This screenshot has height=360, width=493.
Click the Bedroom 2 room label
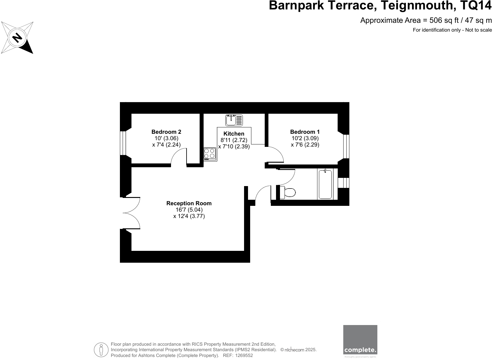click(x=166, y=132)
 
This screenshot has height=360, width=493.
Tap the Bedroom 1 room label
click(x=305, y=132)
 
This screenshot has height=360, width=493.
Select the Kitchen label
click(x=234, y=134)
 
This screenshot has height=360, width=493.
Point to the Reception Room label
click(x=189, y=203)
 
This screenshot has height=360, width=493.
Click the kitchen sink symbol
click(x=234, y=120)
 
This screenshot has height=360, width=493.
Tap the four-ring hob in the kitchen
click(x=209, y=154)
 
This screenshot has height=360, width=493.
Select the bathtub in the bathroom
click(x=325, y=184)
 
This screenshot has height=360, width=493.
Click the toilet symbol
click(x=288, y=192)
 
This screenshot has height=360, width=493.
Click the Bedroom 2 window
click(x=123, y=143)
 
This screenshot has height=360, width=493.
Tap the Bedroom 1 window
click(x=346, y=146)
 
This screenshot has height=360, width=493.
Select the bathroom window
click(x=344, y=183)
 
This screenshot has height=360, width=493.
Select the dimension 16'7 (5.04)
click(x=189, y=210)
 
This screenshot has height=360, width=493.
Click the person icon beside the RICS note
click(x=101, y=350)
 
